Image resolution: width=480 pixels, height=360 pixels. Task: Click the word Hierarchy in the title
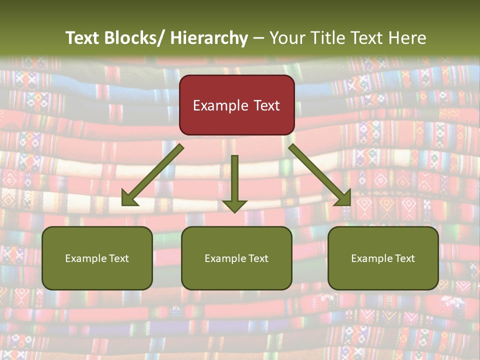point(209,38)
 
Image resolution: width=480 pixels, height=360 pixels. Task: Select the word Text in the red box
point(266,106)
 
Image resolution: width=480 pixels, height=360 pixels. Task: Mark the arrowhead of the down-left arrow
point(129,199)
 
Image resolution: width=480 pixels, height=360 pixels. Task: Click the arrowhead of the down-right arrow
point(344,199)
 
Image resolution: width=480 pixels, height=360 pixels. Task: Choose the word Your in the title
point(285,38)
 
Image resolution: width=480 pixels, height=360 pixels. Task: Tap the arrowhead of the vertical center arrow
point(234,206)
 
